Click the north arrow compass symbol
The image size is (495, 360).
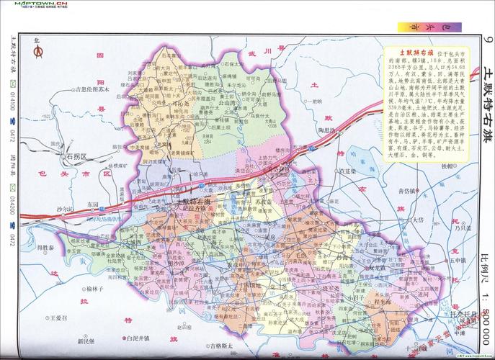point(38,52)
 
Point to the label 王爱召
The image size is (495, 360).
point(55,318)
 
